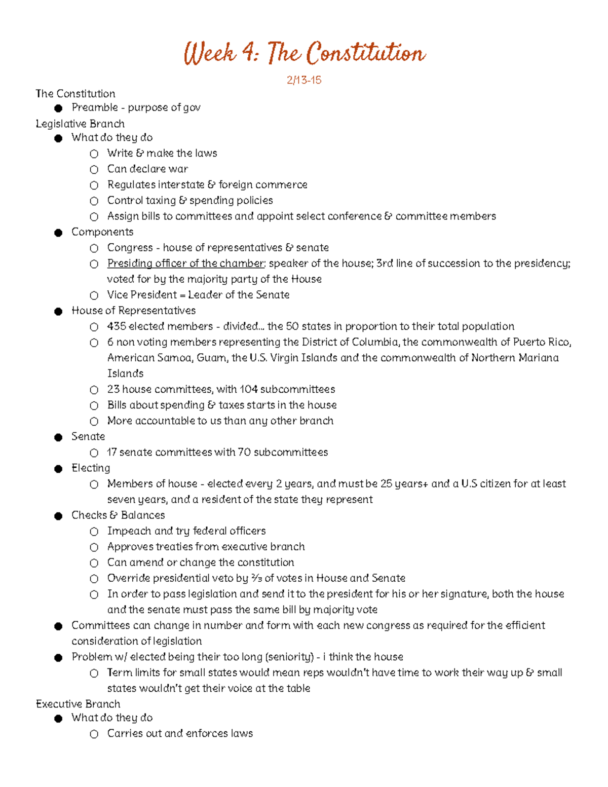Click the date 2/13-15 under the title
tap(304, 80)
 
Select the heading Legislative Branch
tap(80, 124)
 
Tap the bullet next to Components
tap(58, 233)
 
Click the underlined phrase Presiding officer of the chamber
tap(185, 264)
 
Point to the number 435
tap(117, 326)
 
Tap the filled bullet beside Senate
tap(58, 437)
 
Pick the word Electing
tap(91, 468)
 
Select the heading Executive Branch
tap(78, 704)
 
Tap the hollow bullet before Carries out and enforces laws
tap(94, 734)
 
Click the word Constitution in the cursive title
tap(366, 53)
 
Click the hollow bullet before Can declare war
tap(94, 170)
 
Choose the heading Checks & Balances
tap(118, 515)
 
